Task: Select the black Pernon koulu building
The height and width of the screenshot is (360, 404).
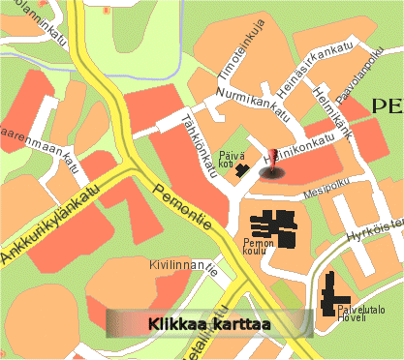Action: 278,224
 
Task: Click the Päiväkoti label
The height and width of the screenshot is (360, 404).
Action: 225,159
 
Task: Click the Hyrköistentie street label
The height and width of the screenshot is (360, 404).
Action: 374,228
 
